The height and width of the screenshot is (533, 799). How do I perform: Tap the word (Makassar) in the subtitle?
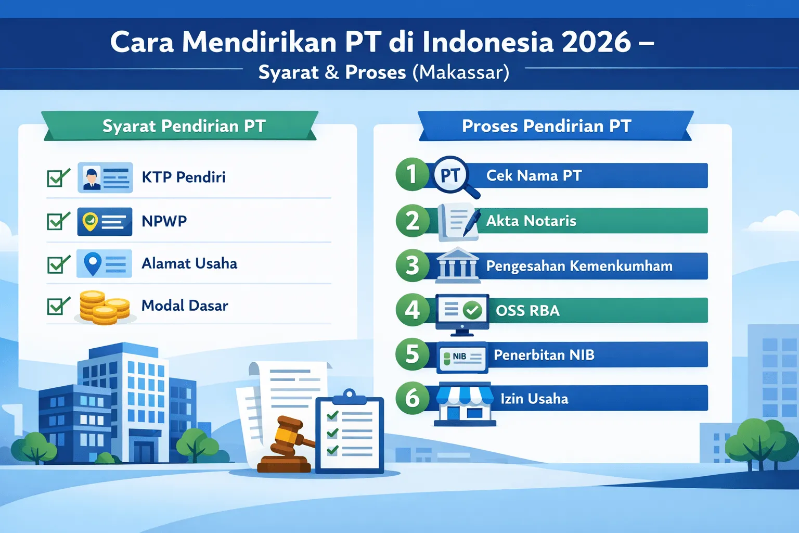(461, 72)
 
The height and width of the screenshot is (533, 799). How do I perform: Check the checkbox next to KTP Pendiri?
(57, 178)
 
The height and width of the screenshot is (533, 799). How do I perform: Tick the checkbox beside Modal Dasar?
(57, 306)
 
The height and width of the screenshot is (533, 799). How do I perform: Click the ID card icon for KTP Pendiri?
(105, 177)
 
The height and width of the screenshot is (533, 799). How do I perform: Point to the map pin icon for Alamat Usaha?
(93, 263)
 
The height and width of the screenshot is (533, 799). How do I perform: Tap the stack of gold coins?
(104, 307)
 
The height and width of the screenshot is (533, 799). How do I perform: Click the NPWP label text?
(164, 221)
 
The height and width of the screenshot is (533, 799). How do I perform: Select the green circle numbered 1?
(412, 174)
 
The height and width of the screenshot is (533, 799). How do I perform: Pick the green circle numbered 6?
(412, 399)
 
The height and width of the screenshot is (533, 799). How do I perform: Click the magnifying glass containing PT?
(453, 176)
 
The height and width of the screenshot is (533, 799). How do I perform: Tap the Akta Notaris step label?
(531, 221)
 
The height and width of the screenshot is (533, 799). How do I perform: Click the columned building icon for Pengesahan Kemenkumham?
(457, 265)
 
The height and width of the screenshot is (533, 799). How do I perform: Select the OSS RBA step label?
(527, 311)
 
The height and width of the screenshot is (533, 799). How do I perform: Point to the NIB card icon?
(462, 358)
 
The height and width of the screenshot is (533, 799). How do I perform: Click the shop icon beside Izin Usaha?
(465, 404)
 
